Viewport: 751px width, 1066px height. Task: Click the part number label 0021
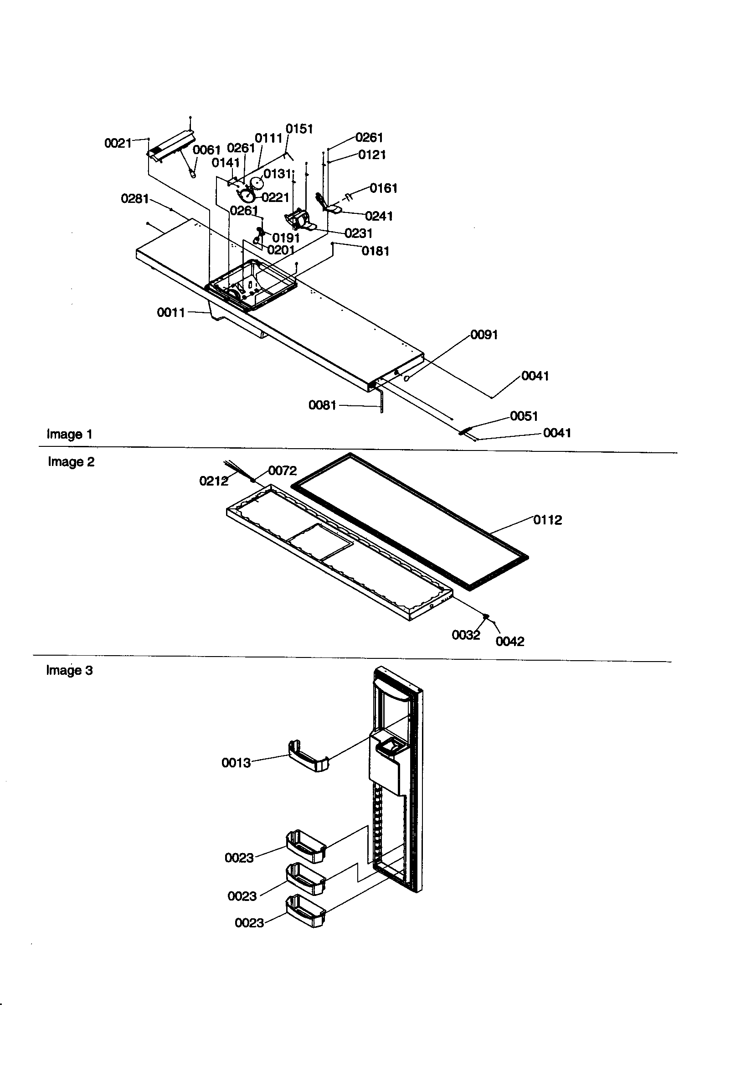click(118, 143)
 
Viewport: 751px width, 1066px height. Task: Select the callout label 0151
click(299, 129)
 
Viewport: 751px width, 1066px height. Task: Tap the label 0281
click(134, 199)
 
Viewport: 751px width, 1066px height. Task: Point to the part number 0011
click(171, 312)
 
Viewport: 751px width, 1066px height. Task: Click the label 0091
click(484, 335)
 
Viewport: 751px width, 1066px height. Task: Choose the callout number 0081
click(322, 405)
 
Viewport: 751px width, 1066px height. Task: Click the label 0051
click(524, 416)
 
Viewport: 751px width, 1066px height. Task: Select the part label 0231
click(358, 233)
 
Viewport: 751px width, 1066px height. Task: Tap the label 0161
click(383, 188)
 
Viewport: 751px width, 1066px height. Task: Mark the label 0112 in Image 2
click(547, 520)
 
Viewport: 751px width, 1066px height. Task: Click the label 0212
click(214, 481)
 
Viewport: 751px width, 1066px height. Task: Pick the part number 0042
click(509, 642)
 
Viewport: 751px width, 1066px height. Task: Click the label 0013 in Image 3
click(236, 763)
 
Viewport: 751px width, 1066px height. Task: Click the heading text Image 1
click(70, 435)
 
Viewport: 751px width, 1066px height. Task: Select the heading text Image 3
click(70, 670)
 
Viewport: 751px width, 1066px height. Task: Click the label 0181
click(375, 251)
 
